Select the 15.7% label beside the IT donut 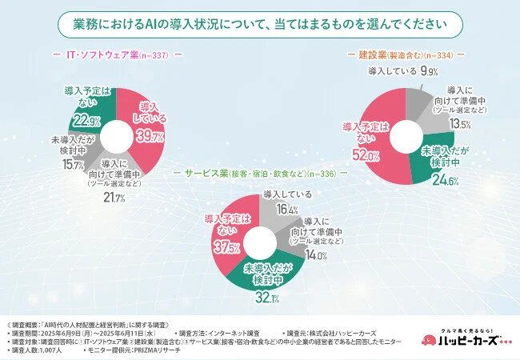tap(72, 165)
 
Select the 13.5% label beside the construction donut tap(459, 125)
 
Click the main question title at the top tap(260, 24)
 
